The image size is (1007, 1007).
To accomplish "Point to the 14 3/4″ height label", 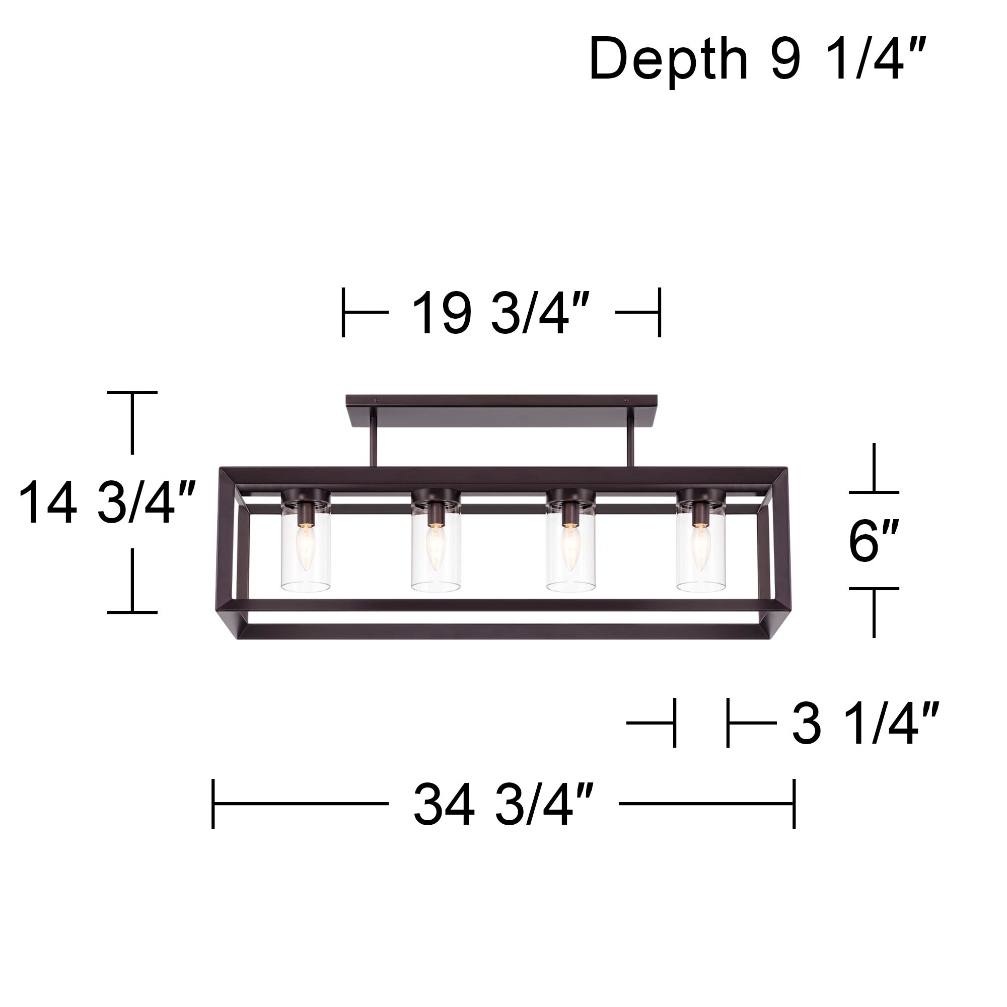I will [x=107, y=503].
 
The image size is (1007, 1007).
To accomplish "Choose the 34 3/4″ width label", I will [x=503, y=804].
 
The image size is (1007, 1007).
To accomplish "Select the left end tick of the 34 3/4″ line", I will [x=213, y=804].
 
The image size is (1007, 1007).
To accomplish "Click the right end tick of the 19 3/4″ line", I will [x=660, y=313].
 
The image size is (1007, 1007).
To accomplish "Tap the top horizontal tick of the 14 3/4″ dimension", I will [x=132, y=393].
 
